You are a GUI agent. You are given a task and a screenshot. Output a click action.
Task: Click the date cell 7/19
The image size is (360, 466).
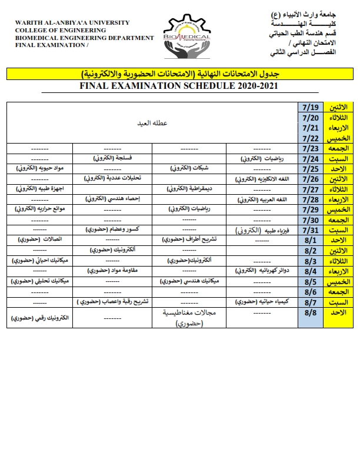(x=310, y=107)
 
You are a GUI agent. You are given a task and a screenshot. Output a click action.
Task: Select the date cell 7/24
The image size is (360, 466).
(x=310, y=159)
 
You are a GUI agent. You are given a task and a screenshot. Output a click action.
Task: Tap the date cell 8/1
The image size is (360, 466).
(x=310, y=240)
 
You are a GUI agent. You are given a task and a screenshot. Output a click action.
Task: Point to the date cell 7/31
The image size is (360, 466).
(x=310, y=230)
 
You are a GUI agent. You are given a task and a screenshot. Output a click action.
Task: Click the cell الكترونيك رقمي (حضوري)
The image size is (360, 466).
(x=39, y=318)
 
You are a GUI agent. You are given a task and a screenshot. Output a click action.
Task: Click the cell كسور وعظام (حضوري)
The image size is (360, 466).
(x=112, y=230)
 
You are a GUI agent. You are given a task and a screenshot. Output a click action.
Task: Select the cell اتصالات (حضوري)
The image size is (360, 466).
(x=39, y=240)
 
